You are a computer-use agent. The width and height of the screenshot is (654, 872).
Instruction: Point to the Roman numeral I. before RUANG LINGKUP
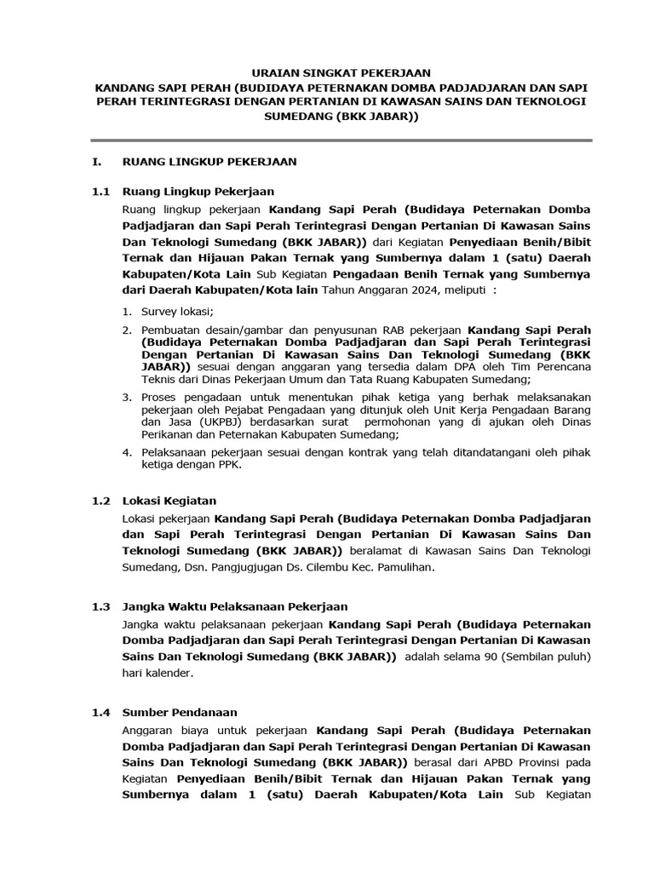pos(97,160)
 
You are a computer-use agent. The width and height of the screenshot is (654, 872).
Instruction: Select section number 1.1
pos(102,192)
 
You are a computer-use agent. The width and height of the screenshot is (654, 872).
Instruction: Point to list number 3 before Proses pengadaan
pos(125,397)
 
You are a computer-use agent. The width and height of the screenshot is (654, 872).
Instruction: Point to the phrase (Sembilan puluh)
pos(553,657)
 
